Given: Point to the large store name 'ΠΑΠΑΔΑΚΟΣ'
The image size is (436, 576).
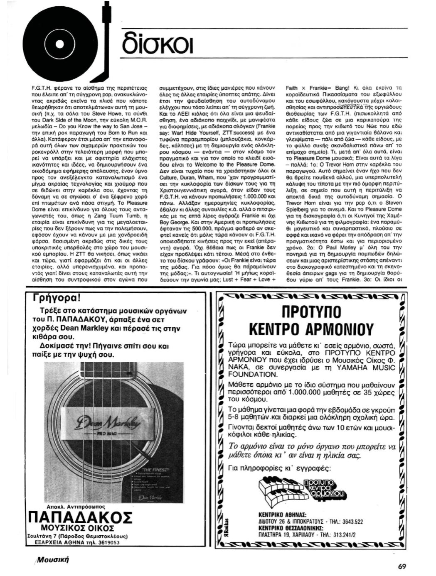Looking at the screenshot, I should coord(80,517).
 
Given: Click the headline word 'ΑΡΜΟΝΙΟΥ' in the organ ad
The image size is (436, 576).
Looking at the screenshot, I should coord(334,328).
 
